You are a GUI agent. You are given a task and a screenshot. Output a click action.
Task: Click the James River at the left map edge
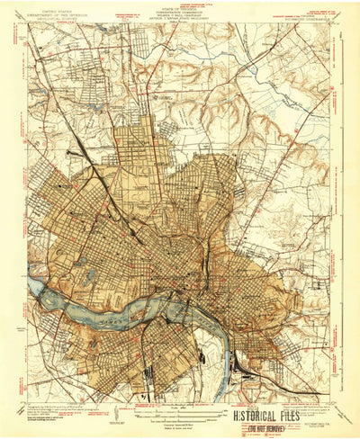34,285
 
